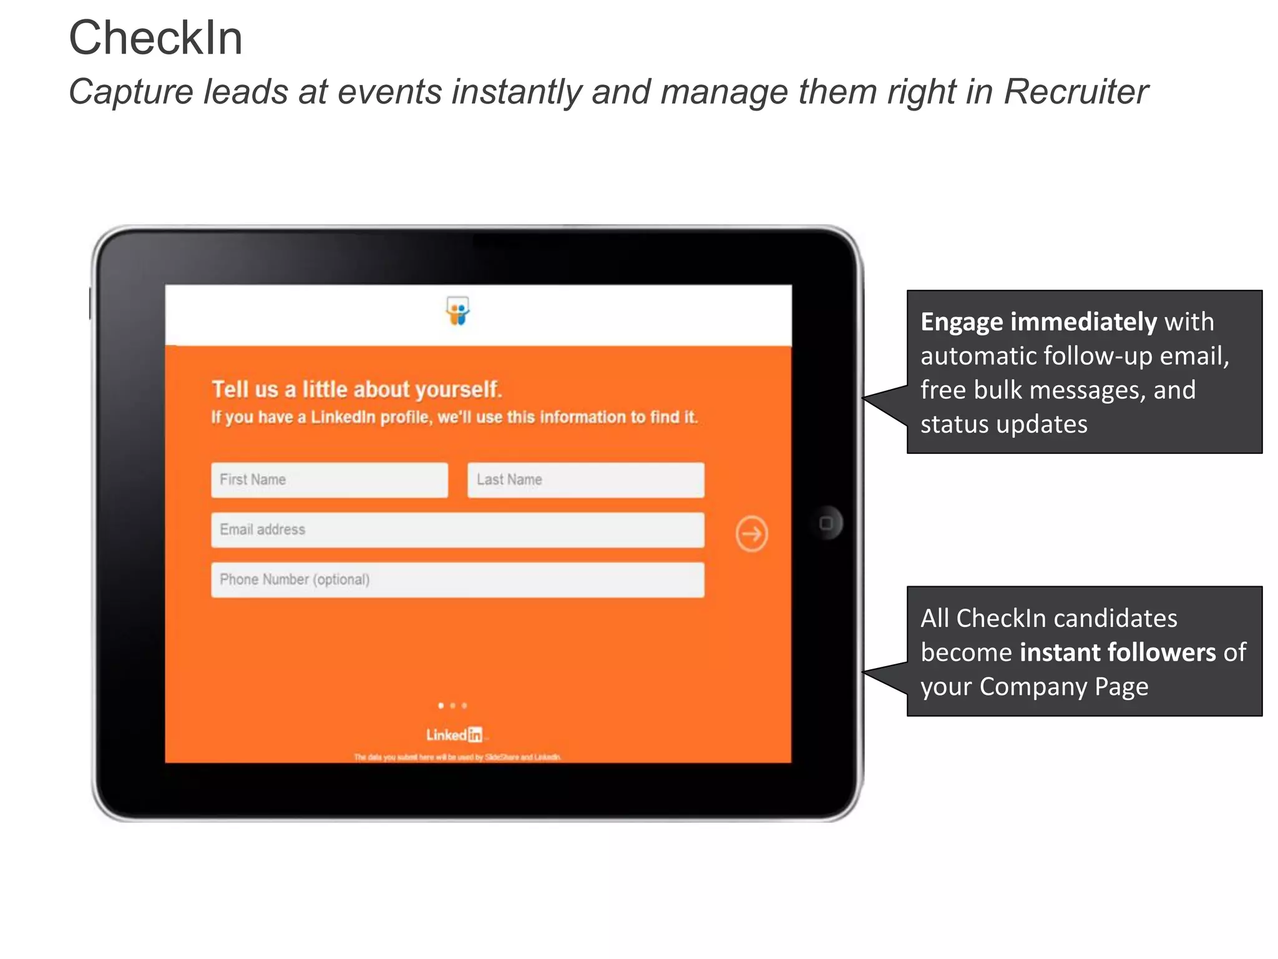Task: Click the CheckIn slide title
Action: click(x=155, y=38)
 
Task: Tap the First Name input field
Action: click(x=329, y=480)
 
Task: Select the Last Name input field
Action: click(x=585, y=480)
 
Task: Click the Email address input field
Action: click(x=457, y=530)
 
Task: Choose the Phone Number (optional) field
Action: click(x=457, y=580)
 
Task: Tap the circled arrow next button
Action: click(x=751, y=534)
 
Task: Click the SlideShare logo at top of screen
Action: click(x=457, y=311)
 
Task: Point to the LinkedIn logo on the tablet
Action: click(x=454, y=735)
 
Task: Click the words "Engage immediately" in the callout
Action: click(x=1038, y=322)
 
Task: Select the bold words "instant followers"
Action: click(x=1118, y=652)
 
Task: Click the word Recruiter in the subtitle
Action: click(x=1076, y=92)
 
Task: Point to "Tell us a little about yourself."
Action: click(x=356, y=390)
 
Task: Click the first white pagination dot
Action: click(x=441, y=706)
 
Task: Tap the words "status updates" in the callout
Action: click(x=1003, y=425)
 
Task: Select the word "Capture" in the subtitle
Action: click(x=131, y=92)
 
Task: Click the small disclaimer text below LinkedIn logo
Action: click(x=457, y=757)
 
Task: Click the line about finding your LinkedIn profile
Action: click(x=454, y=417)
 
